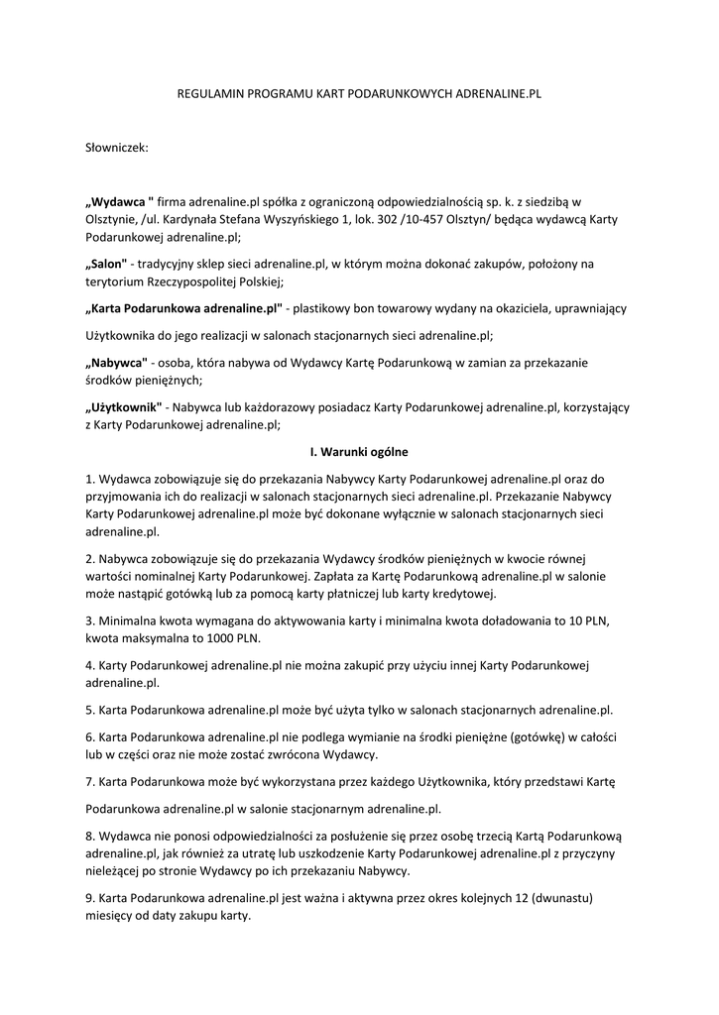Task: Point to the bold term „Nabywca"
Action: (117, 362)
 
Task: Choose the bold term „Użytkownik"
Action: (124, 406)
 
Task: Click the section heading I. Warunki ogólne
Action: (359, 452)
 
